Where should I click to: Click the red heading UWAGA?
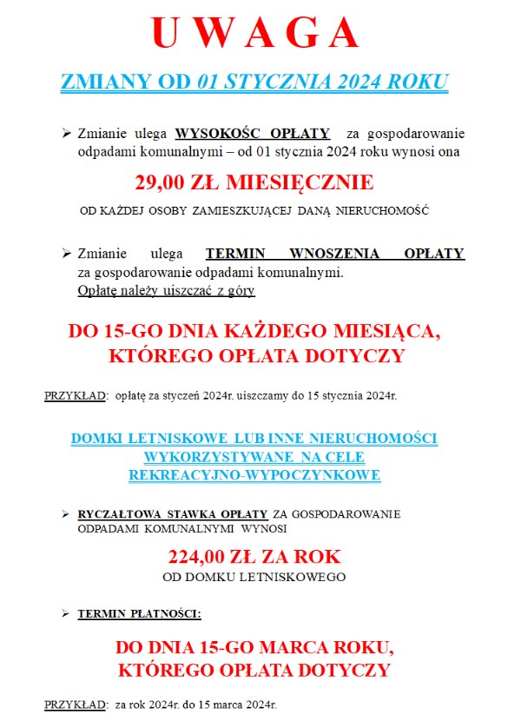click(x=255, y=33)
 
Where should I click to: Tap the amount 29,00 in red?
click(x=165, y=182)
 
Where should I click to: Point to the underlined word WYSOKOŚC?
click(x=214, y=134)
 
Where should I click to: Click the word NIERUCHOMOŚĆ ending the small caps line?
click(x=385, y=212)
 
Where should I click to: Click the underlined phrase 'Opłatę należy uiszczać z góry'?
click(x=166, y=291)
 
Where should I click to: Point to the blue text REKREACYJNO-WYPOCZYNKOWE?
click(x=254, y=475)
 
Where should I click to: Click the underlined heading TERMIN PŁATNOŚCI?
click(x=139, y=614)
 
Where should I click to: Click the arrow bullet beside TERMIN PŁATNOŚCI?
click(x=65, y=614)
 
